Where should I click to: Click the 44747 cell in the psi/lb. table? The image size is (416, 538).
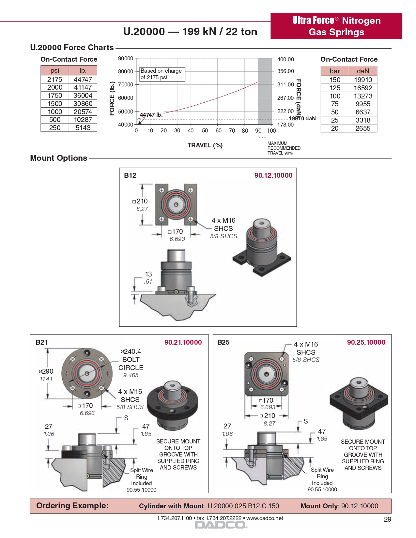pyautogui.click(x=83, y=80)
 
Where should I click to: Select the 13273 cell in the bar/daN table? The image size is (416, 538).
pyautogui.click(x=363, y=96)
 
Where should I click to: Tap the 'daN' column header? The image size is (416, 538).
pyautogui.click(x=363, y=71)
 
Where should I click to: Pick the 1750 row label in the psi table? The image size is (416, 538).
pyautogui.click(x=55, y=96)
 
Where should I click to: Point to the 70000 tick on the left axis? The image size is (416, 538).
pyautogui.click(x=126, y=84)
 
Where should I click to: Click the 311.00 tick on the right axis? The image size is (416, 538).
pyautogui.click(x=285, y=84)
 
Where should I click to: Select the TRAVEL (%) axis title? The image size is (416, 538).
pyautogui.click(x=205, y=145)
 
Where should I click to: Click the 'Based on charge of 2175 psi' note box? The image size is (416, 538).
pyautogui.click(x=162, y=74)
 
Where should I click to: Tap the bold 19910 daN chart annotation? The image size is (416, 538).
pyautogui.click(x=302, y=118)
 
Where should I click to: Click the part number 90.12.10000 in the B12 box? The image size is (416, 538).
pyautogui.click(x=273, y=175)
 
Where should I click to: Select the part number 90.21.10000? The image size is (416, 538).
pyautogui.click(x=183, y=342)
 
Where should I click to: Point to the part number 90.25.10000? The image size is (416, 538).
pyautogui.click(x=366, y=342)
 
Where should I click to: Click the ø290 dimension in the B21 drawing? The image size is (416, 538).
pyautogui.click(x=46, y=371)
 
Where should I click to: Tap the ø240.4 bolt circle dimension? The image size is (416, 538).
pyautogui.click(x=131, y=351)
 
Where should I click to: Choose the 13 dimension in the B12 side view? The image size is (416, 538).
pyautogui.click(x=148, y=274)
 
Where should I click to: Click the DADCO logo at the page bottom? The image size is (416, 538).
pyautogui.click(x=221, y=525)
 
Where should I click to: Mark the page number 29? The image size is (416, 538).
pyautogui.click(x=387, y=519)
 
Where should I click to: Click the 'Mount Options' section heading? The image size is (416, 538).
pyautogui.click(x=59, y=158)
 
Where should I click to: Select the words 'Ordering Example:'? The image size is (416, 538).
pyautogui.click(x=72, y=506)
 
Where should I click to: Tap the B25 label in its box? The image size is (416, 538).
pyautogui.click(x=223, y=342)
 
